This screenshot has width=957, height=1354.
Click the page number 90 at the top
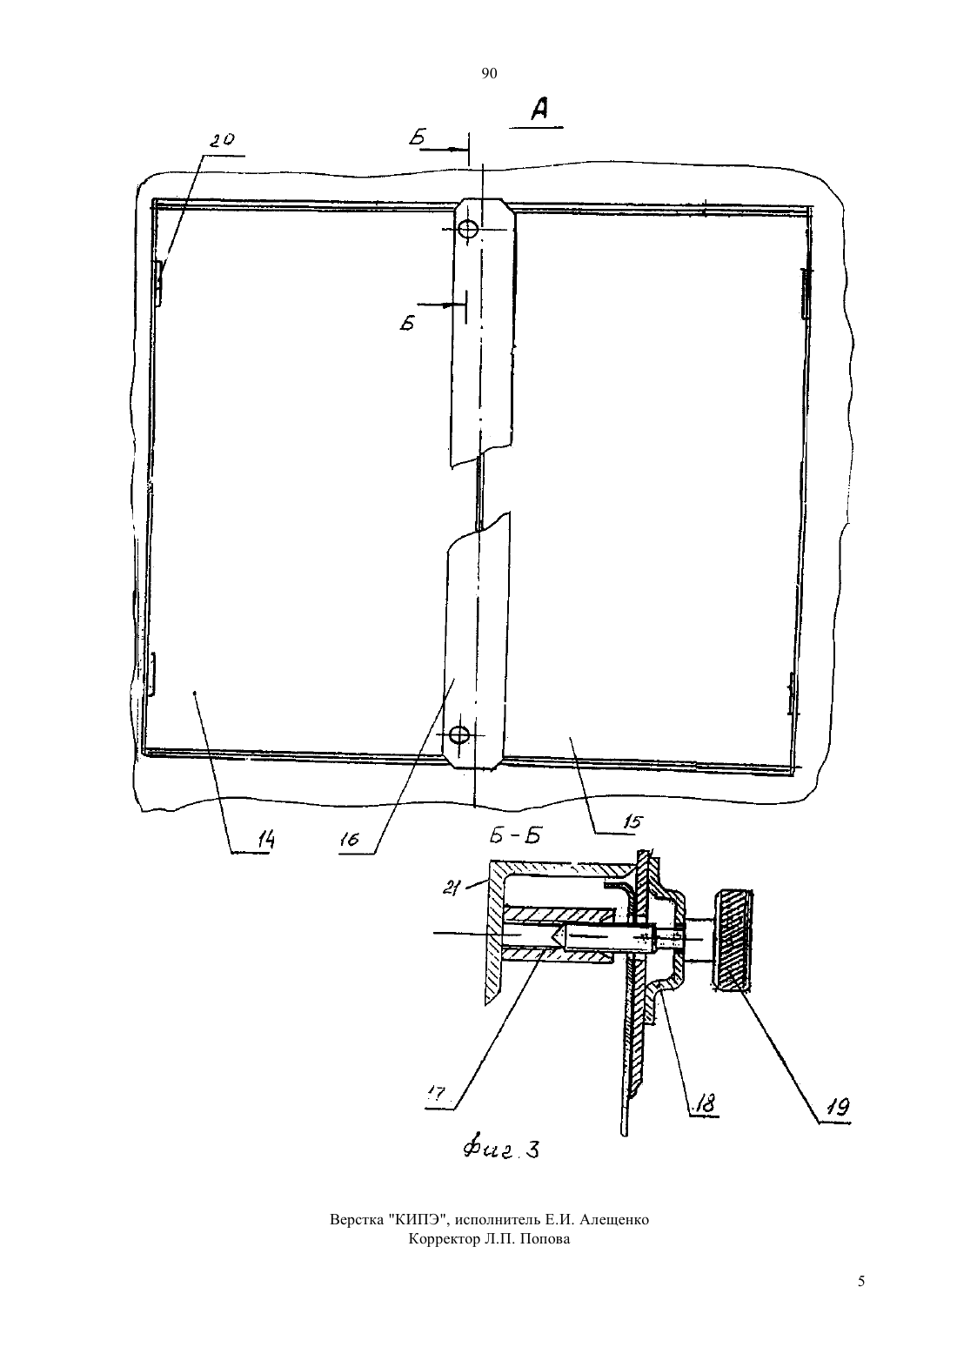click(x=489, y=74)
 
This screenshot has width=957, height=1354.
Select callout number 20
click(x=223, y=141)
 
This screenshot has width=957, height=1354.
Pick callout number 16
click(x=349, y=839)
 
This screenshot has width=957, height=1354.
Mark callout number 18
click(x=705, y=1103)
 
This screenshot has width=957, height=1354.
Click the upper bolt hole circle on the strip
click(x=468, y=229)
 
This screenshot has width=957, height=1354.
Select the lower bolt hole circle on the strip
click(x=459, y=734)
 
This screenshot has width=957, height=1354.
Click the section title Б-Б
click(x=515, y=836)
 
